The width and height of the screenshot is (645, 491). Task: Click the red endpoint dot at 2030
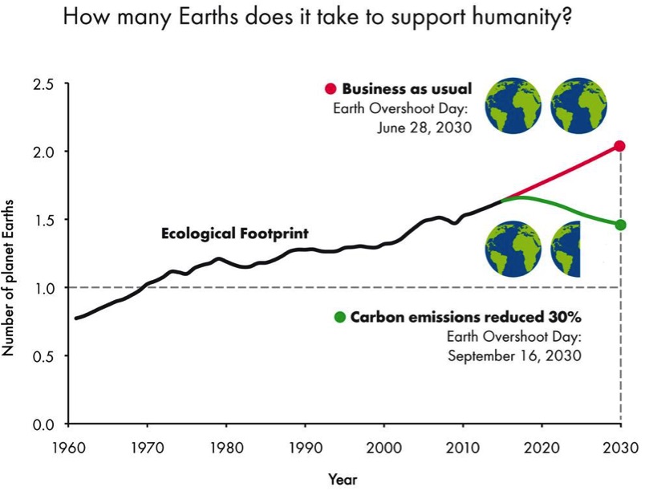coord(619,146)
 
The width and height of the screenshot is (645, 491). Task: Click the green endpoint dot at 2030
coord(619,225)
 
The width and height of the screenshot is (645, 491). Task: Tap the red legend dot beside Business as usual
coord(331,88)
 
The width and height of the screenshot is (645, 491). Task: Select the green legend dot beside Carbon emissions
coord(340,318)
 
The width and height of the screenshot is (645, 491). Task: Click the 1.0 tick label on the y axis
coord(43,287)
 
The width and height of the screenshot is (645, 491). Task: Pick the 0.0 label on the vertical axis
coord(43,424)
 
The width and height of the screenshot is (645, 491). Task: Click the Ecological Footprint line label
coord(235,234)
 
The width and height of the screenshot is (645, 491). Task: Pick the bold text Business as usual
coord(407,88)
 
